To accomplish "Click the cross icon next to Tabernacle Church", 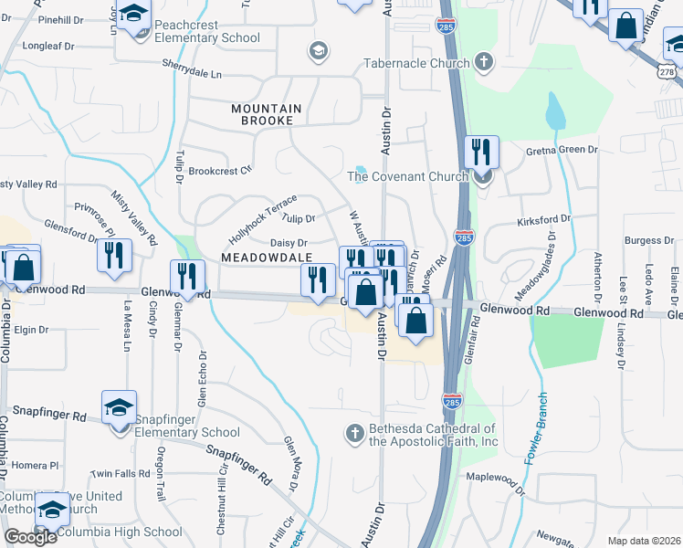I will (483, 63).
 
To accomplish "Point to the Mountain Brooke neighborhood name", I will (262, 114).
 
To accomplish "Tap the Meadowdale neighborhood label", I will (267, 258).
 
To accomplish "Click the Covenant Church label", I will (407, 176).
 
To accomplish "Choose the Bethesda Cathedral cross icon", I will (356, 430).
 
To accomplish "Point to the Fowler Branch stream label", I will (536, 428).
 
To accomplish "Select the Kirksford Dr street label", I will (542, 219).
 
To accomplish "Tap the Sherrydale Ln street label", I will (193, 69).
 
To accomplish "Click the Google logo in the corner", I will (30, 537).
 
